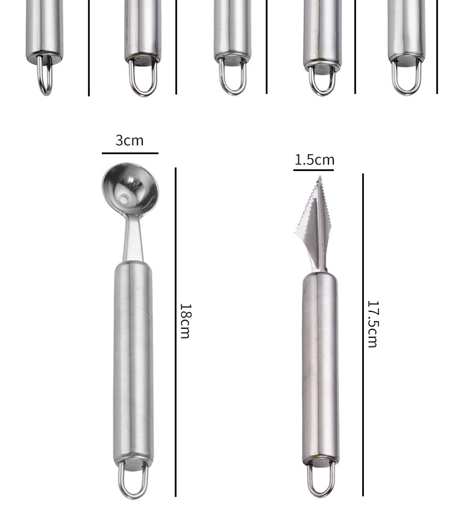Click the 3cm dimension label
(130, 141)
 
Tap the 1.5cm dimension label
(315, 160)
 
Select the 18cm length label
(185, 321)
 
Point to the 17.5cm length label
(373, 324)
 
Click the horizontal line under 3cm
(130, 153)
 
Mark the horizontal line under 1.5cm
(313, 170)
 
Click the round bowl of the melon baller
(130, 189)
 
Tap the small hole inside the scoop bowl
(124, 199)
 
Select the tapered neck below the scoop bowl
(133, 239)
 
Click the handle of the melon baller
(133, 363)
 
